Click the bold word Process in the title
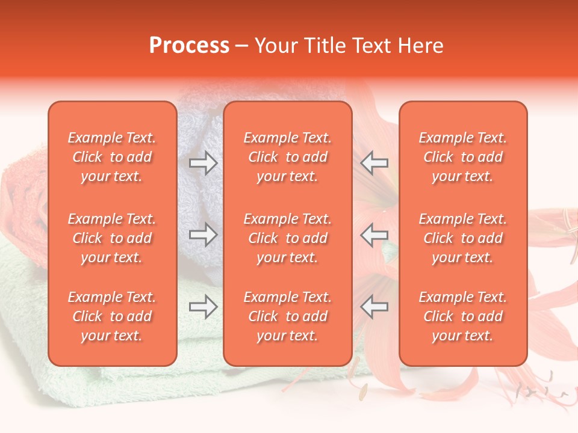click(x=189, y=46)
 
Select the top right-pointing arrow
click(x=203, y=163)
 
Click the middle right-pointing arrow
click(x=203, y=234)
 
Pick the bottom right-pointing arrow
click(x=203, y=307)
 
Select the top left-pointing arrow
click(x=374, y=163)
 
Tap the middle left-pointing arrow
click(x=374, y=234)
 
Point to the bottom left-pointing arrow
click(x=374, y=307)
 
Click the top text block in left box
click(x=112, y=157)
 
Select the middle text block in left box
click(x=112, y=238)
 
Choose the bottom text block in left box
click(x=112, y=316)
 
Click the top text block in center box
click(x=288, y=157)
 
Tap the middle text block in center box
click(x=288, y=238)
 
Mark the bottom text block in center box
click(x=288, y=316)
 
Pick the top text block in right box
click(x=463, y=157)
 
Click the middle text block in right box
click(x=463, y=238)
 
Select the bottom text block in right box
click(x=463, y=316)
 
